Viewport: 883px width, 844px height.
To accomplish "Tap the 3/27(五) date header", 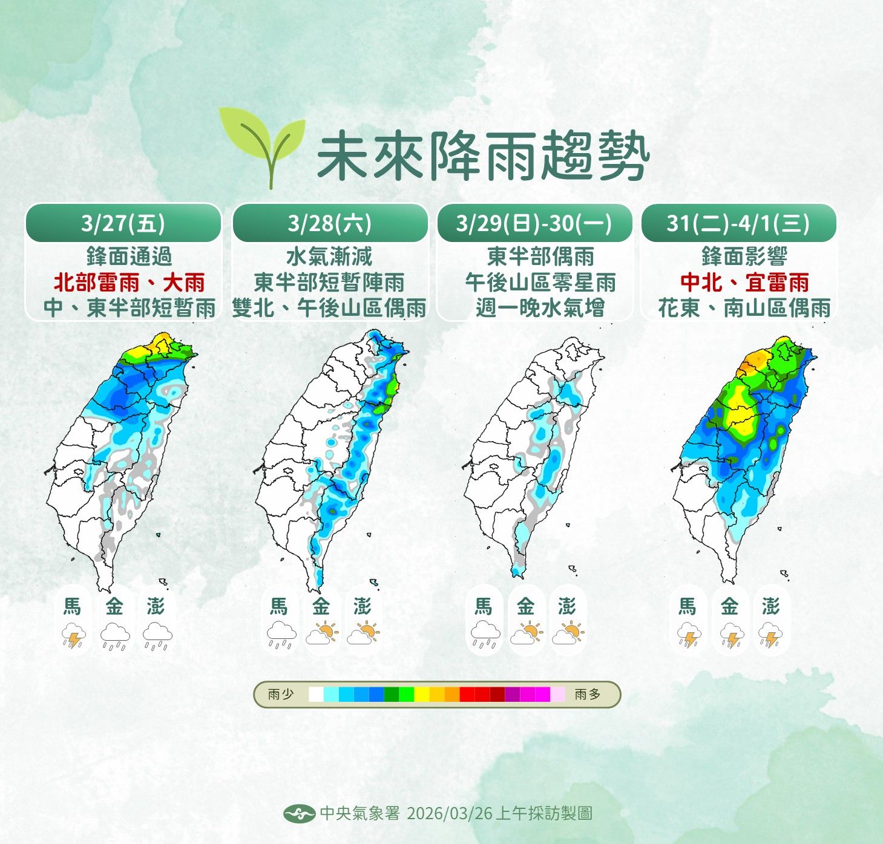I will click(x=123, y=223).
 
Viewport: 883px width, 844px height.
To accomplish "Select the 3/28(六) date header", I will click(x=330, y=223).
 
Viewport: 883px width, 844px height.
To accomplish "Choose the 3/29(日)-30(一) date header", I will click(x=534, y=223).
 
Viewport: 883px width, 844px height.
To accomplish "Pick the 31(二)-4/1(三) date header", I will click(x=738, y=223).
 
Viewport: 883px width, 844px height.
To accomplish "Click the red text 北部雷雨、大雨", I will click(x=130, y=283).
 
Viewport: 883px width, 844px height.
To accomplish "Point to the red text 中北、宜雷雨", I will click(x=744, y=283).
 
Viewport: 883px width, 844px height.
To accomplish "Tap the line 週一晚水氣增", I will click(x=540, y=308).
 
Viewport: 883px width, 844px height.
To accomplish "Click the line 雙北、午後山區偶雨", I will click(x=330, y=308).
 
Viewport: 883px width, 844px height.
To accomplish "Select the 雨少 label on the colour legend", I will click(x=281, y=694).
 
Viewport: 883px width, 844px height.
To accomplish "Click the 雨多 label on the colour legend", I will click(x=588, y=694).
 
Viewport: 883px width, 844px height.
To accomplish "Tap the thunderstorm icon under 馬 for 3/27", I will click(x=73, y=636).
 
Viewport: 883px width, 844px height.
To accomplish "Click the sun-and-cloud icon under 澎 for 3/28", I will click(x=363, y=633).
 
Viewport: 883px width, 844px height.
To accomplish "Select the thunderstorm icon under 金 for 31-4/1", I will click(x=730, y=636).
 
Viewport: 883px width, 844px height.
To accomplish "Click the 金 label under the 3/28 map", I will click(x=321, y=606).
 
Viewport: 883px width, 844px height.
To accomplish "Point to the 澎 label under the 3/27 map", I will click(x=156, y=606).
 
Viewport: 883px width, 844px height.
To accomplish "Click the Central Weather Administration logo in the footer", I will click(x=299, y=813).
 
